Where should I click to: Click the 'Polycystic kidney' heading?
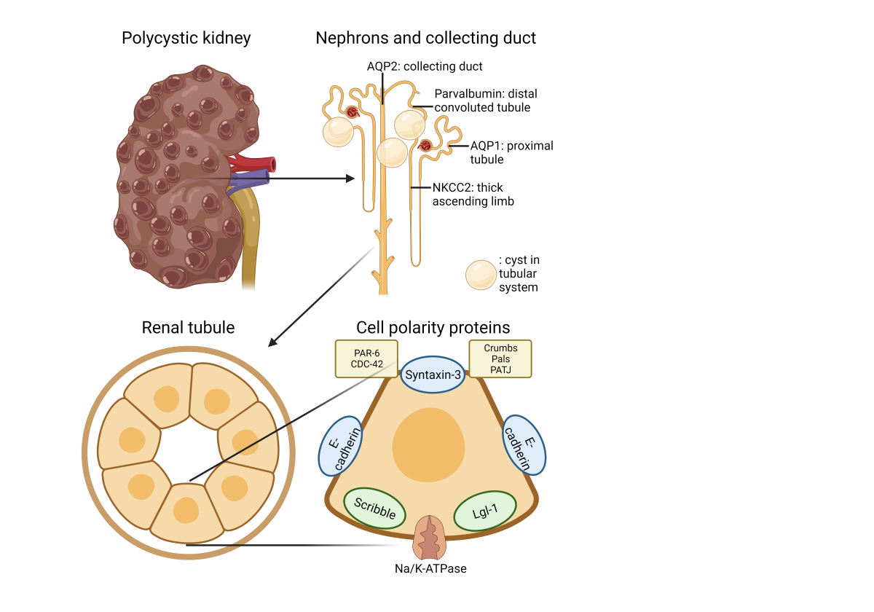186,38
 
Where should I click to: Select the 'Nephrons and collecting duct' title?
425,38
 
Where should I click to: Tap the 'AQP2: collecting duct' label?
425,66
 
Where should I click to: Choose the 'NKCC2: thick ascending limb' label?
473,195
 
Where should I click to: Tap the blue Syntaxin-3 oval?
433,374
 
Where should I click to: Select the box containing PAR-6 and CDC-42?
366,358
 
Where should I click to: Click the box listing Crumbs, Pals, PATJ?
500,358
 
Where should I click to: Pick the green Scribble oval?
375,508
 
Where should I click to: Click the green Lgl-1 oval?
485,511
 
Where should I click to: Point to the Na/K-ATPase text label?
430,568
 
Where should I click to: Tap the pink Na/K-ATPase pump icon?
430,538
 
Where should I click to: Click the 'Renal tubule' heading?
188,328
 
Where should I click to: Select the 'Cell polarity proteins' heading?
433,328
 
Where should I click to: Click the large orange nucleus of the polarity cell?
428,444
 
